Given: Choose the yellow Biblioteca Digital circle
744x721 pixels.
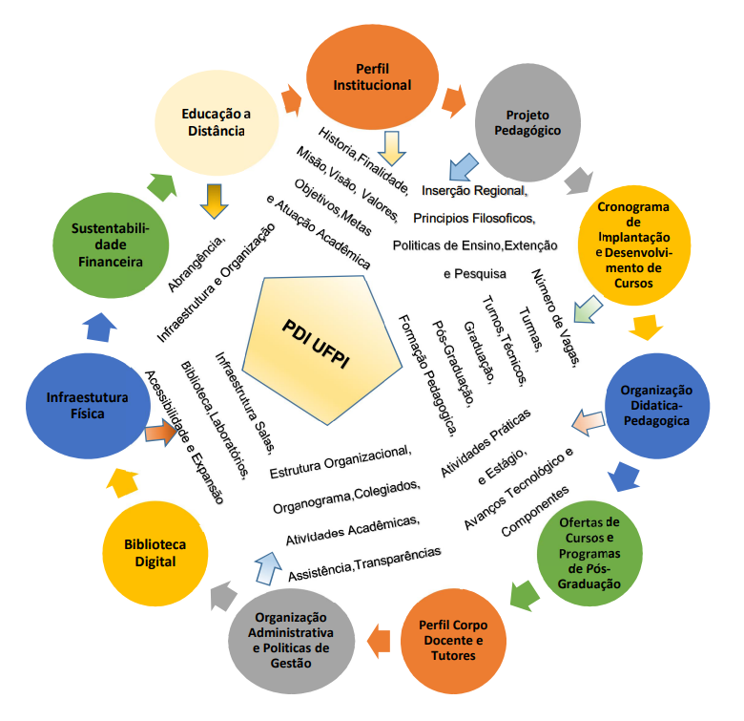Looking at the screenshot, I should (x=155, y=552).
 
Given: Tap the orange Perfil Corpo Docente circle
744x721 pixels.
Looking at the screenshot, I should (x=451, y=639).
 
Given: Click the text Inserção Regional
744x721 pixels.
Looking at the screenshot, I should (x=474, y=191).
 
